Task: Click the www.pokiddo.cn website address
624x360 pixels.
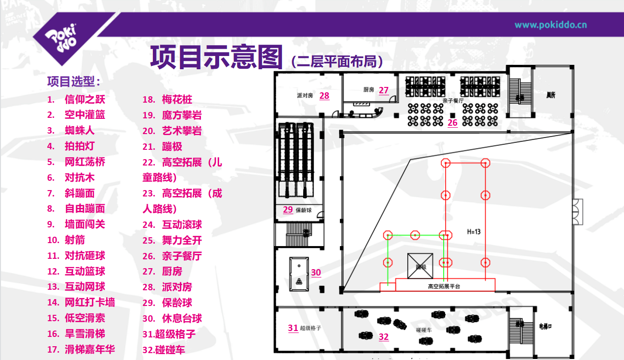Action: pos(550,25)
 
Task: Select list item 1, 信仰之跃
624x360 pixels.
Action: pos(85,99)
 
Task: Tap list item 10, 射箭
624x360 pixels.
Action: pos(75,240)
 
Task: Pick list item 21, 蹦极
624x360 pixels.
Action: pos(172,146)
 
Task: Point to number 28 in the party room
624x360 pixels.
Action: pos(324,95)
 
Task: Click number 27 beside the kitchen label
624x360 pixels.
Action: pos(384,90)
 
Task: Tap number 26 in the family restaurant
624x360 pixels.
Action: pos(453,122)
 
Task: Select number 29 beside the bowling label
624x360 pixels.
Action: pos(288,210)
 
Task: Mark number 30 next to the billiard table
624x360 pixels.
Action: pos(316,273)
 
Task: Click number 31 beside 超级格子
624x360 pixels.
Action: pos(293,328)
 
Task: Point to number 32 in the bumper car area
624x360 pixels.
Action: pos(384,337)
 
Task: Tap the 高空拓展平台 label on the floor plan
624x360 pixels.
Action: pos(444,286)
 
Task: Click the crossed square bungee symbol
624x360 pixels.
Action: pos(420,265)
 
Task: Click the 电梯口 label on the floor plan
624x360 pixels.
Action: pos(546,326)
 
